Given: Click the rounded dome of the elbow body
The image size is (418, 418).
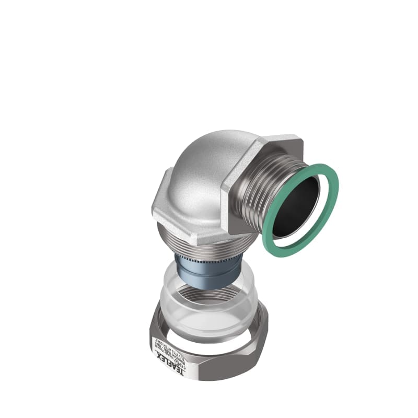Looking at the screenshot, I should (209, 157).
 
